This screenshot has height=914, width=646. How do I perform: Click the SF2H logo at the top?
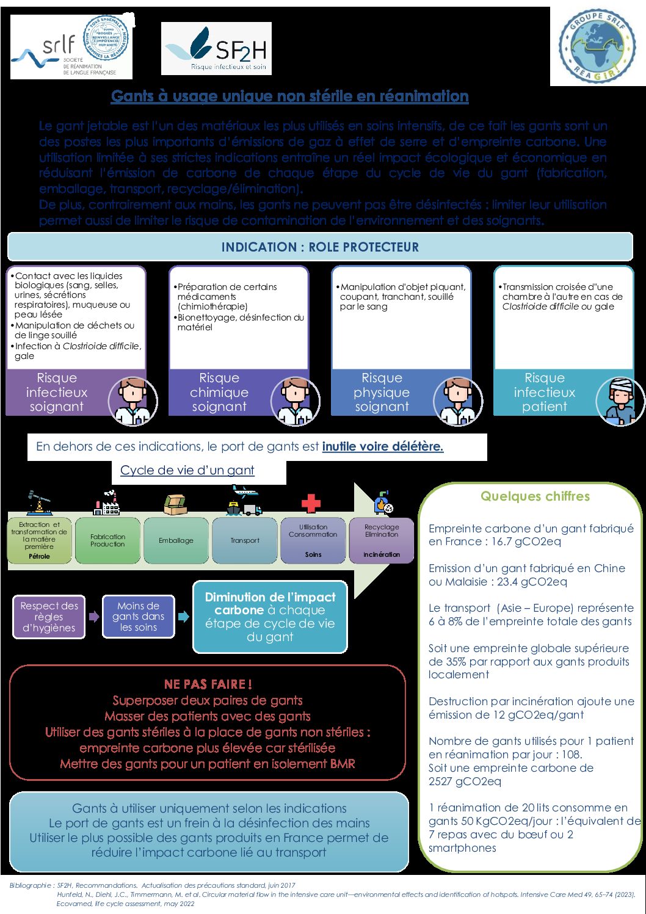pos(216,49)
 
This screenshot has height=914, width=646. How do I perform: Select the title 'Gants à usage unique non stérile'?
pos(289,96)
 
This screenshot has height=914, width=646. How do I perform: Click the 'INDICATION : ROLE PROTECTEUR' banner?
pos(320,247)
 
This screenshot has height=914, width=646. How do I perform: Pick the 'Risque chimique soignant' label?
pos(219,393)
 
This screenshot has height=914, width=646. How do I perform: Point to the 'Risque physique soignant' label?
pos(382,393)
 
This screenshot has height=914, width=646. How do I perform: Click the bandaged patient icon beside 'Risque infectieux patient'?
pos(620,401)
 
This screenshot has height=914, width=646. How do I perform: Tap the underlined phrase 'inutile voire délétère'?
pos(382,446)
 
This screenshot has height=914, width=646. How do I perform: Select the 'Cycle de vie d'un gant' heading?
pos(187,470)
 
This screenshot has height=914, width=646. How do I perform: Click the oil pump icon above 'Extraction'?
pos(39,502)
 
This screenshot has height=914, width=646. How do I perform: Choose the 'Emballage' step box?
pos(176,540)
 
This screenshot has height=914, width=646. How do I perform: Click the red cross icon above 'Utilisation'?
pos(311,503)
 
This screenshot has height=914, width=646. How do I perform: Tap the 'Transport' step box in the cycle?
pos(245,540)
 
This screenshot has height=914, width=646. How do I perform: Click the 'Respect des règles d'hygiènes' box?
pos(49,617)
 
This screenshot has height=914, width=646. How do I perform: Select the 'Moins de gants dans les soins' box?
pos(138,617)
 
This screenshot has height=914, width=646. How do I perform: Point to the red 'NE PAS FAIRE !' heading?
pos(208,684)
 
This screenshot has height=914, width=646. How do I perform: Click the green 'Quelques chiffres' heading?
pos(535,496)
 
